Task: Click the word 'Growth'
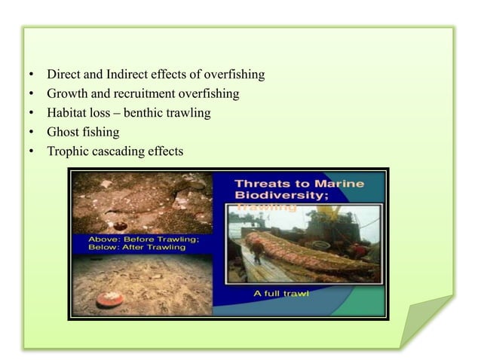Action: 67,94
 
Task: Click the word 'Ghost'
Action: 63,133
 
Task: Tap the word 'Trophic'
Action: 66,151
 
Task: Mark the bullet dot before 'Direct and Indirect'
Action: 31,75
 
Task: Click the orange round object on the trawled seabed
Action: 109,299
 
